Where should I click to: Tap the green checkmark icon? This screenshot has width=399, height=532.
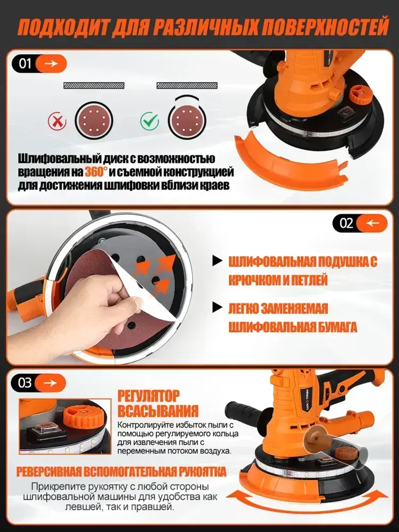(150, 120)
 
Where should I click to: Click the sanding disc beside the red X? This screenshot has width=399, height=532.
(94, 120)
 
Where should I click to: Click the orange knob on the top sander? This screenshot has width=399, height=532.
(359, 96)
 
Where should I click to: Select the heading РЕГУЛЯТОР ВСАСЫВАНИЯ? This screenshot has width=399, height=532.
(158, 403)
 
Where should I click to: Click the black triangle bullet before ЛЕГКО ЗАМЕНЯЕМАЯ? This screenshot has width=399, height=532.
(217, 307)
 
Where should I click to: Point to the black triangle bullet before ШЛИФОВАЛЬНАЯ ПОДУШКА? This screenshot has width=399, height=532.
(217, 261)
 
